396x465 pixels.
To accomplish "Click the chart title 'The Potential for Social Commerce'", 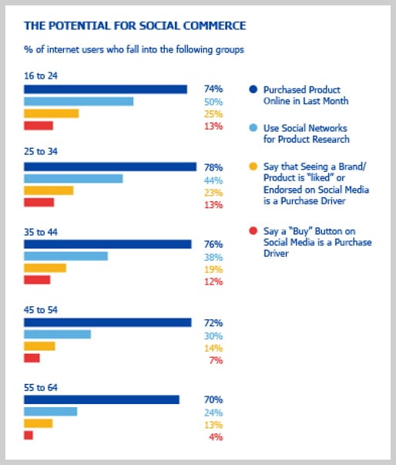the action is [x=135, y=25].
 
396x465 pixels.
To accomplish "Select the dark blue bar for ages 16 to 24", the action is [x=106, y=89].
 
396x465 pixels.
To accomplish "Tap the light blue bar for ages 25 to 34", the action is [x=73, y=179].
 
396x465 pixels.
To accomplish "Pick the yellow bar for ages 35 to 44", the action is [x=45, y=268].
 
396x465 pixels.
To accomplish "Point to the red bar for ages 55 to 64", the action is [x=29, y=435].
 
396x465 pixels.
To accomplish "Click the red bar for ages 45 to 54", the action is [x=32, y=358].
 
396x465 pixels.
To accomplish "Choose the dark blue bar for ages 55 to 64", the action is [x=102, y=399].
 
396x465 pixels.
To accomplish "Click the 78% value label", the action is [x=213, y=167].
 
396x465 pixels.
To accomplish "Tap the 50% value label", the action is [x=213, y=102].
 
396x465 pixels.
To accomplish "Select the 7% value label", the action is [x=216, y=360].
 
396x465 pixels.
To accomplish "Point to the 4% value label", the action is [x=216, y=436].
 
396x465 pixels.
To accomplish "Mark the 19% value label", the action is [x=213, y=270].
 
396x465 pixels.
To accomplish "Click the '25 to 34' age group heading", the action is [x=41, y=152].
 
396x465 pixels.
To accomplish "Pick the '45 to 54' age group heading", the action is [x=41, y=310].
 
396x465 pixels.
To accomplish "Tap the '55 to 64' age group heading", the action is [x=41, y=388].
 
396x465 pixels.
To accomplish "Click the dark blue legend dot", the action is [x=253, y=89].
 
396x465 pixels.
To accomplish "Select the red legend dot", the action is [x=253, y=231].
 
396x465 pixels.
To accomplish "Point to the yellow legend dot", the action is [x=253, y=167].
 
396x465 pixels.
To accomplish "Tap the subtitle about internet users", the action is [x=134, y=49].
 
